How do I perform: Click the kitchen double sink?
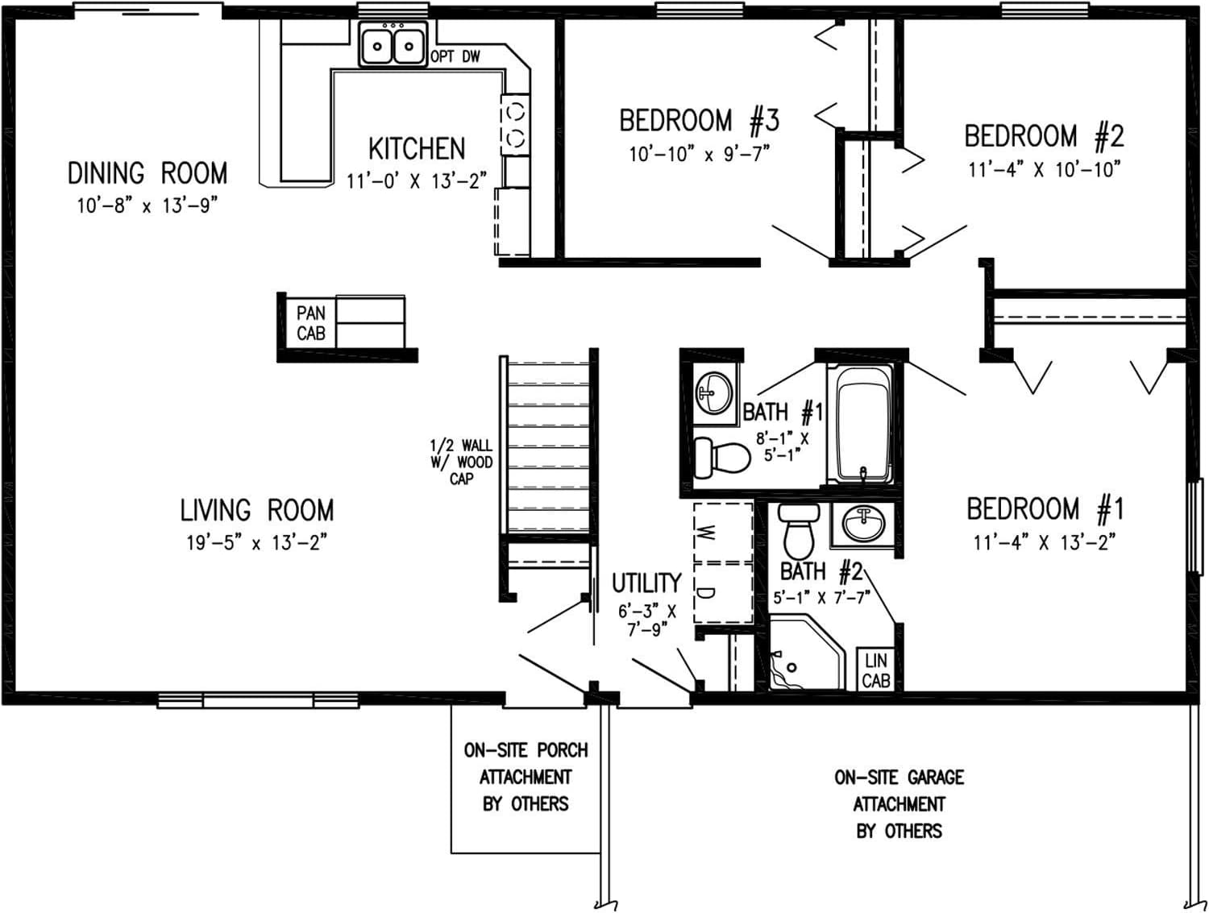pyautogui.click(x=393, y=45)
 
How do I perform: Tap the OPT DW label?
pyautogui.click(x=455, y=56)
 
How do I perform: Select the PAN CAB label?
pyautogui.click(x=311, y=322)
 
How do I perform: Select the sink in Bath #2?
pyautogui.click(x=863, y=525)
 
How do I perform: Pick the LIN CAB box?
pyautogui.click(x=876, y=670)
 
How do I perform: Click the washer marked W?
pyautogui.click(x=723, y=532)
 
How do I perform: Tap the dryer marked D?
pyautogui.click(x=723, y=593)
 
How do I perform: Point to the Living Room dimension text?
pyautogui.click(x=256, y=542)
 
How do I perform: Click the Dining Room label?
pyautogui.click(x=147, y=173)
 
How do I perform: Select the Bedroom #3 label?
pyautogui.click(x=699, y=121)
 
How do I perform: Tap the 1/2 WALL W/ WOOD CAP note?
pyautogui.click(x=461, y=462)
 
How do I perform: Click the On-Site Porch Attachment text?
pyautogui.click(x=526, y=777)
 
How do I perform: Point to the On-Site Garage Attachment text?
pyautogui.click(x=899, y=803)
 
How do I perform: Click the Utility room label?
pyautogui.click(x=646, y=583)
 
